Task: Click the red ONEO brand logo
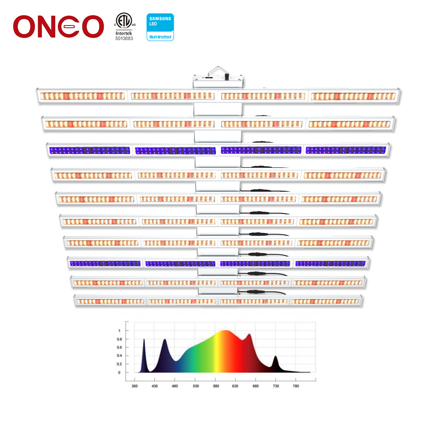click(58, 26)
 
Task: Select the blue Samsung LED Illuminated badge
click(160, 27)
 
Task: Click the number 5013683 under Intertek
click(124, 38)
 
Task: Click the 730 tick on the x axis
click(275, 386)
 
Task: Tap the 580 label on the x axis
click(215, 386)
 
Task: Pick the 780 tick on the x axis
click(295, 386)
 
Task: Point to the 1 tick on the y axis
click(120, 330)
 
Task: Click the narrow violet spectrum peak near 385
click(144, 341)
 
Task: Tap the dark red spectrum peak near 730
click(276, 357)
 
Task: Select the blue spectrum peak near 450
click(165, 341)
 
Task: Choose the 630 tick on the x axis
click(235, 386)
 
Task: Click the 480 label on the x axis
click(175, 386)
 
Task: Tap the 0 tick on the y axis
click(120, 372)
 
